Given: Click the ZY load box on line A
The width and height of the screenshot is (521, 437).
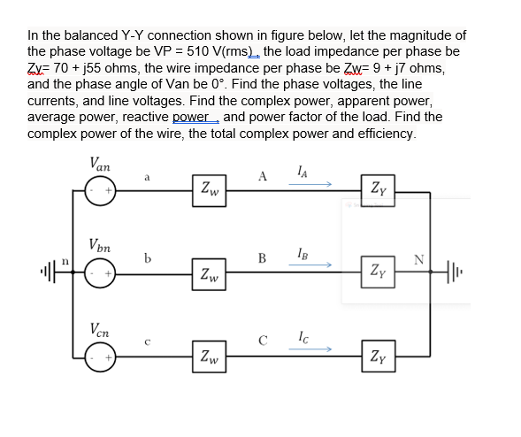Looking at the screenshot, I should [x=378, y=188].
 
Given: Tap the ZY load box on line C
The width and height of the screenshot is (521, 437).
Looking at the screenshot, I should [x=378, y=357].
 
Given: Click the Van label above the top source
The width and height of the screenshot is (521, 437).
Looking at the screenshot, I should [x=99, y=164].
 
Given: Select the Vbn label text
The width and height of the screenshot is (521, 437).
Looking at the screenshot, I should [x=99, y=245].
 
